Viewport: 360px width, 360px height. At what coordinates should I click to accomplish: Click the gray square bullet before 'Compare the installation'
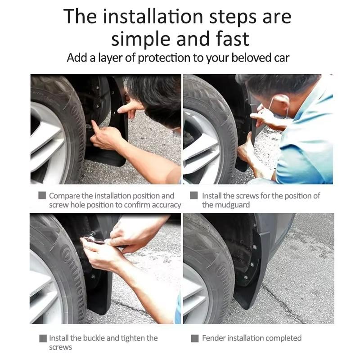tap(42, 196)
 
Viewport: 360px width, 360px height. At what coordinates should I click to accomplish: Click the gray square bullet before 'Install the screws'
tap(194, 196)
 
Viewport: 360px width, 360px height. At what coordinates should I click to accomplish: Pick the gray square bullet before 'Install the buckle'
tap(42, 338)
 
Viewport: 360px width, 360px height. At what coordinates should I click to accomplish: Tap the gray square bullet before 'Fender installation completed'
tap(194, 338)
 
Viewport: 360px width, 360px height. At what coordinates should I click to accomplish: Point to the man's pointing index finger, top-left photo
tap(128, 106)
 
